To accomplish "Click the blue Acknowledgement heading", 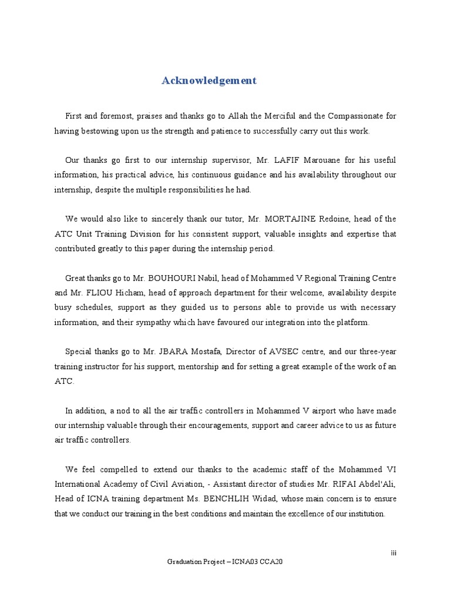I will click(209, 81).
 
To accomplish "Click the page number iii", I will click(394, 553).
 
